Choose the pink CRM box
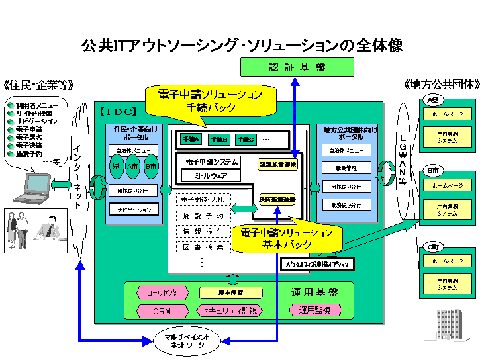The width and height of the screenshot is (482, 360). click(x=162, y=310)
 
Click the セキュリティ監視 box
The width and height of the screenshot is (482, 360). click(x=229, y=310)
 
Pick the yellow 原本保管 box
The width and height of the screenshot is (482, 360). click(x=230, y=292)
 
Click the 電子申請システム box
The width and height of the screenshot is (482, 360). click(x=209, y=161)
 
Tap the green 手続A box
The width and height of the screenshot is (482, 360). click(x=190, y=140)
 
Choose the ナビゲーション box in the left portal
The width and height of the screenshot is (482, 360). click(x=134, y=209)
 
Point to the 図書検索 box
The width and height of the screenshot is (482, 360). click(x=203, y=247)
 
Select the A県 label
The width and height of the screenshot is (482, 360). click(x=433, y=101)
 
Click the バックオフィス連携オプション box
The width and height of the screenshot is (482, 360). click(x=317, y=264)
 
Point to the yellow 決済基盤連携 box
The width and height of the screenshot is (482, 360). click(x=277, y=199)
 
